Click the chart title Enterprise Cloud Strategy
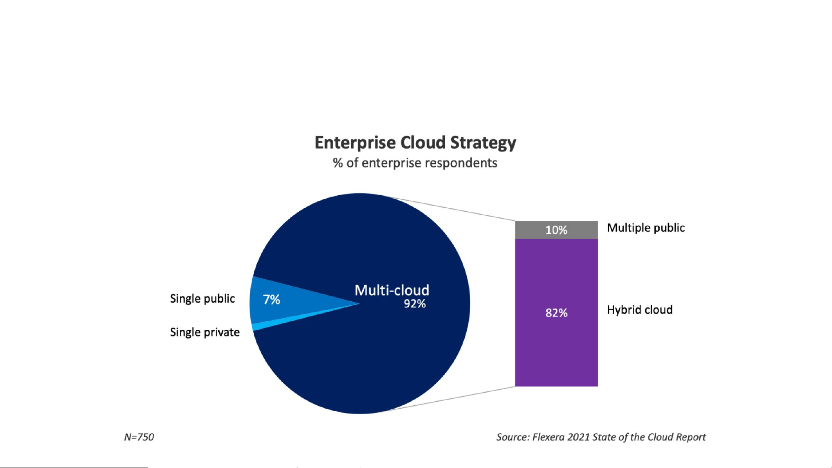pyautogui.click(x=415, y=143)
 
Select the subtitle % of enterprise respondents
pyautogui.click(x=415, y=163)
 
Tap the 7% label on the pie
pyautogui.click(x=272, y=300)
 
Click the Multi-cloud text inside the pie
pyautogui.click(x=392, y=290)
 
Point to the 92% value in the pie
pyautogui.click(x=414, y=304)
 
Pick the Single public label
pyautogui.click(x=202, y=299)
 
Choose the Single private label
pyautogui.click(x=204, y=332)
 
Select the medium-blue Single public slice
pyautogui.click(x=295, y=299)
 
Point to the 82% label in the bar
pyautogui.click(x=556, y=313)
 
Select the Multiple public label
pyautogui.click(x=645, y=228)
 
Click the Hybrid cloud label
pyautogui.click(x=639, y=310)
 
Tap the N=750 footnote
pyautogui.click(x=139, y=437)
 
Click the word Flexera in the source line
pyautogui.click(x=548, y=437)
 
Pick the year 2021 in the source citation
pyautogui.click(x=578, y=437)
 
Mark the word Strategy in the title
pyautogui.click(x=483, y=143)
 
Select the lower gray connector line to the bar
pyautogui.click(x=450, y=399)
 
